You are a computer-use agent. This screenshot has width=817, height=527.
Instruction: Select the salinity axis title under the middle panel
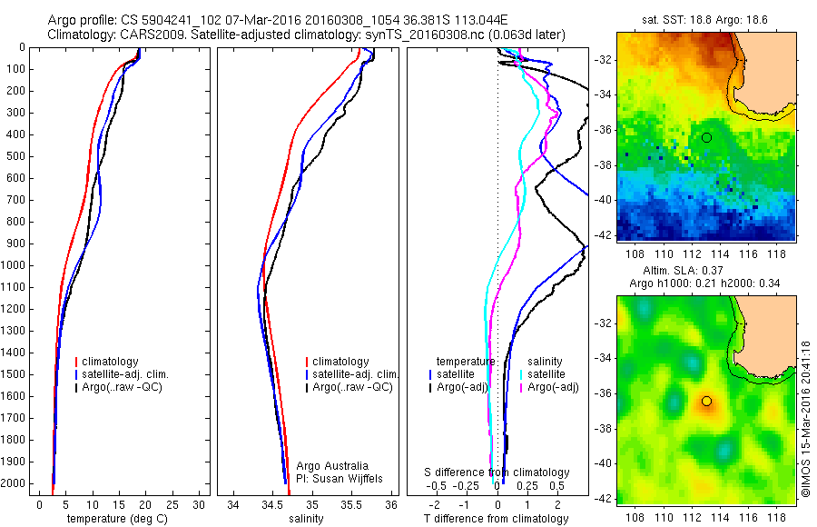305,519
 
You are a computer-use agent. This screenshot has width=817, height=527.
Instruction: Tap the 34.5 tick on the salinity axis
273,504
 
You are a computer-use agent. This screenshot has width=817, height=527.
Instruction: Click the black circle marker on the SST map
706,137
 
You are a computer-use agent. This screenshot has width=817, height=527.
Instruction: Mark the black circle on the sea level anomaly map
706,401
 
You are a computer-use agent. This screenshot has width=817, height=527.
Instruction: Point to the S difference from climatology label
497,472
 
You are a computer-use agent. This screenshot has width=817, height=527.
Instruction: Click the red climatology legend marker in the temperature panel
77,362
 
